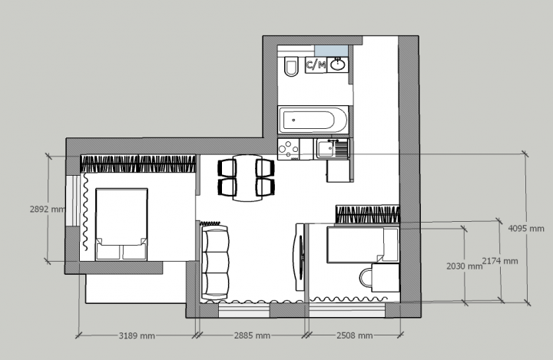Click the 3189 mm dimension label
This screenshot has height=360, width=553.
(x=137, y=335)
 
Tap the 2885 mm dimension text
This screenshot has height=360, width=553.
(x=252, y=335)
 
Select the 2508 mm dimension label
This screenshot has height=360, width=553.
(x=354, y=335)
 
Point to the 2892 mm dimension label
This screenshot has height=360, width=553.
(x=48, y=209)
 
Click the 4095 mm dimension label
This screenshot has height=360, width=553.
(x=526, y=229)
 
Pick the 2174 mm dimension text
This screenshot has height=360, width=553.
(x=500, y=261)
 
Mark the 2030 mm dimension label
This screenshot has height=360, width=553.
(x=464, y=266)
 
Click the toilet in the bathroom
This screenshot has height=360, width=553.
(x=291, y=65)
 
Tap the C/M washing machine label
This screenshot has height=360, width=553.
(x=316, y=65)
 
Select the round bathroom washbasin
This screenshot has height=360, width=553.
(x=338, y=64)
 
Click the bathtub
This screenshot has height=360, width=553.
(x=313, y=120)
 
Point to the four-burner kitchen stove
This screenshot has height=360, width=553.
(x=289, y=149)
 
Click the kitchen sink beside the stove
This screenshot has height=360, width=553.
(x=333, y=149)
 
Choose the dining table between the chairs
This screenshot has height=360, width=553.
(x=247, y=177)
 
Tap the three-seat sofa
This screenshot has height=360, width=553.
(x=214, y=263)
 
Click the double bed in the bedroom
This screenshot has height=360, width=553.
(x=121, y=224)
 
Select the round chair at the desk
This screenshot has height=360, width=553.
(x=366, y=278)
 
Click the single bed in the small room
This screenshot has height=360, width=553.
(x=363, y=245)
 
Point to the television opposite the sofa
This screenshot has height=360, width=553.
(x=300, y=257)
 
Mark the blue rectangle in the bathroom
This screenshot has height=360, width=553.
(x=331, y=51)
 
